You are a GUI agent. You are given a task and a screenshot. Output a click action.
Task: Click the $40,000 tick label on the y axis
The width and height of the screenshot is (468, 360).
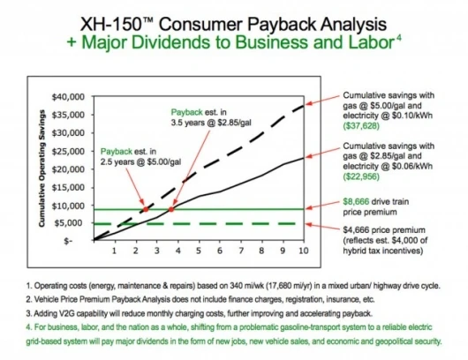[68, 97]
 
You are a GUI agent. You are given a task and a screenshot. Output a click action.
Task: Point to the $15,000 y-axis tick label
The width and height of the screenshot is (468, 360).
[68, 188]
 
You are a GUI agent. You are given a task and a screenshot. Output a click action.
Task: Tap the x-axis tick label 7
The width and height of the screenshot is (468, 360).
[241, 251]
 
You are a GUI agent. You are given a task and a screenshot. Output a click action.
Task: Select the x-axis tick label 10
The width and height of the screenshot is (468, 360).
[303, 251]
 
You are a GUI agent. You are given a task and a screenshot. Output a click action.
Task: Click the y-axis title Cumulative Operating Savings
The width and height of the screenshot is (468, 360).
[42, 169]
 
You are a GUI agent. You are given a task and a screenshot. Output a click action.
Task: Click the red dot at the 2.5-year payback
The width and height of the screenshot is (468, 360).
[146, 209]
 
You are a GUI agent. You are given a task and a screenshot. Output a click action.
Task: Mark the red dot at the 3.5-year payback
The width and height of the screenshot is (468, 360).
[171, 209]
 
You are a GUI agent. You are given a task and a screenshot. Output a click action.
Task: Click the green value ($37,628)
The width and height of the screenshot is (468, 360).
[361, 126]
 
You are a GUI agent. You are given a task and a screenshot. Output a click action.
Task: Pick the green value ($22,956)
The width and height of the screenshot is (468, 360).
[361, 176]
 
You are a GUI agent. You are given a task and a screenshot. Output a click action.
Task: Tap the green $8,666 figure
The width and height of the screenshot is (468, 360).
[356, 202]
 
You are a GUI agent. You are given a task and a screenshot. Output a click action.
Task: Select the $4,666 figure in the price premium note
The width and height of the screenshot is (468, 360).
[356, 230]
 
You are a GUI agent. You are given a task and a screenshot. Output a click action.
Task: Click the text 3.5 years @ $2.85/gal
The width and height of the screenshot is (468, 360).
[211, 123]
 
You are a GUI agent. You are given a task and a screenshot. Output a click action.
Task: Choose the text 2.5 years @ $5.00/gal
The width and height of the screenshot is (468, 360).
[140, 162]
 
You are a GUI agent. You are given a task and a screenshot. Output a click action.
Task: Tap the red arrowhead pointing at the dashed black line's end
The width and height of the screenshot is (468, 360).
[307, 103]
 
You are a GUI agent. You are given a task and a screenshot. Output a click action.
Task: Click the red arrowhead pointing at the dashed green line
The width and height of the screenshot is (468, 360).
[308, 224]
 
